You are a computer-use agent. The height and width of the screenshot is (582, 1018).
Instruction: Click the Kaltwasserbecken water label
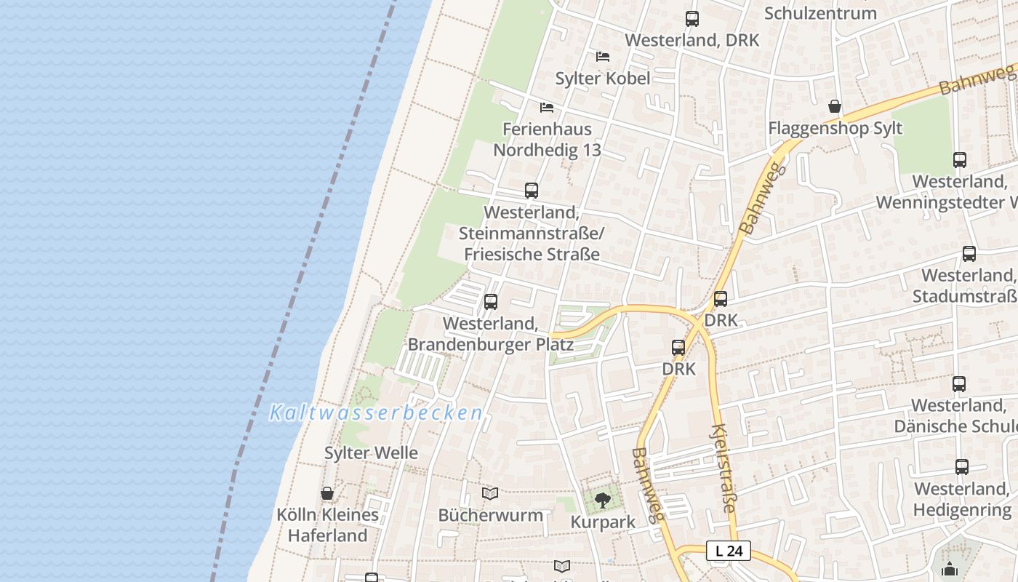tap(376, 413)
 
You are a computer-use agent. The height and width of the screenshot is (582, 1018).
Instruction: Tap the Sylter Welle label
tap(371, 453)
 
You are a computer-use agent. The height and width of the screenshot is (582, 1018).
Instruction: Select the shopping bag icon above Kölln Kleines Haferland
tap(327, 493)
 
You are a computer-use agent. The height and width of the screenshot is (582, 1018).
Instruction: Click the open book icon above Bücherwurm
tap(490, 494)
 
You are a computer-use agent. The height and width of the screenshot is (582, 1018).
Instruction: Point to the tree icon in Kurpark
tap(602, 501)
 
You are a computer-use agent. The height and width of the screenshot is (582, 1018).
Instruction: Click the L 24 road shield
tap(729, 551)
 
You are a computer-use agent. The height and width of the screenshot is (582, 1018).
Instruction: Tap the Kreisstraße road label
tap(724, 469)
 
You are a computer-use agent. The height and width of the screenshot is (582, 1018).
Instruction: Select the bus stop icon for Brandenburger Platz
tap(491, 301)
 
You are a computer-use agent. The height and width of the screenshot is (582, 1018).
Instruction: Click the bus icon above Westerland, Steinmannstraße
tap(532, 191)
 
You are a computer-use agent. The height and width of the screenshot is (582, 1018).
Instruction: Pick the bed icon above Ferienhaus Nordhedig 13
tap(547, 108)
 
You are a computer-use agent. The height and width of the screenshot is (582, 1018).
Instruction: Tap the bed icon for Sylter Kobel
tap(603, 56)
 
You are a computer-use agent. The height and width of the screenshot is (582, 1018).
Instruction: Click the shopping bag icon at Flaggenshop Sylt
tap(835, 107)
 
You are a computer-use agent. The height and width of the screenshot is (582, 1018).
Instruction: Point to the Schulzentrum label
tap(820, 13)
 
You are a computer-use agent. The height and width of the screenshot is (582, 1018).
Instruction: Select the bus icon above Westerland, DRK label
tap(692, 19)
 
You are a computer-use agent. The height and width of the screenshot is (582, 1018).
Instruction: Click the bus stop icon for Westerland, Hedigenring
tap(962, 467)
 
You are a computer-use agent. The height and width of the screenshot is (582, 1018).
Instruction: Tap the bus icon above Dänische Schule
tap(959, 384)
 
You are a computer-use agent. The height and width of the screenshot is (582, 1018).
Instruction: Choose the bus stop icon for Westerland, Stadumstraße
tap(969, 254)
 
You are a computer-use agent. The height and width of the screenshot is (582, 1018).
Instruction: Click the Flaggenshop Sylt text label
tap(835, 128)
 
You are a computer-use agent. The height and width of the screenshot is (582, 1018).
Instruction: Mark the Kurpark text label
tap(603, 522)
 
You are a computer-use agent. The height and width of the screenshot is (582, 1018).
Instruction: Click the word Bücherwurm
tap(490, 515)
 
